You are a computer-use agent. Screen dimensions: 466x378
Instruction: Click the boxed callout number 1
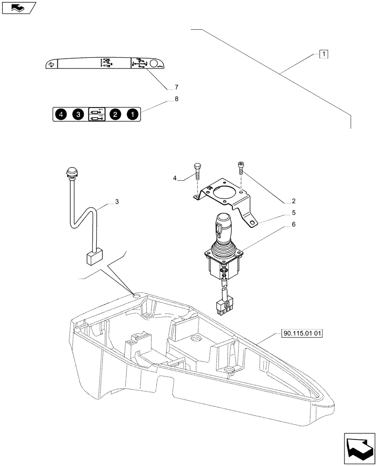[324, 54]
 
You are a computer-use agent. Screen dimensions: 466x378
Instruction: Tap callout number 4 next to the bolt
[175, 178]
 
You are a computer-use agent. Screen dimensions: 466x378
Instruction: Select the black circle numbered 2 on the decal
[115, 114]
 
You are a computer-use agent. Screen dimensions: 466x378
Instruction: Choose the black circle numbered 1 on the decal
[133, 114]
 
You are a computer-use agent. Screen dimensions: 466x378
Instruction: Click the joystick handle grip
[223, 226]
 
